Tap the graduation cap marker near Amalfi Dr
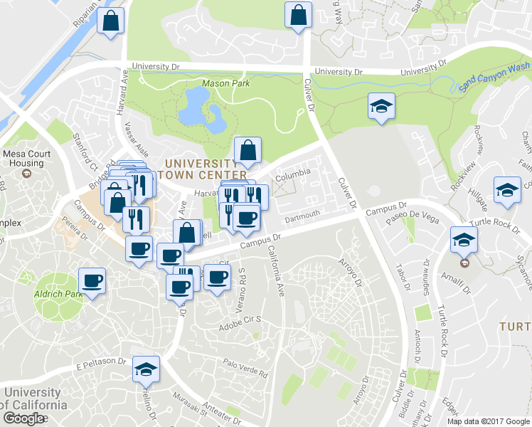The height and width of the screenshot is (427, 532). pos(463,241)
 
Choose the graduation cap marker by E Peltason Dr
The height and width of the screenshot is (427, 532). pos(147,369)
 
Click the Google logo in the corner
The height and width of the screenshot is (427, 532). pos(23,418)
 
